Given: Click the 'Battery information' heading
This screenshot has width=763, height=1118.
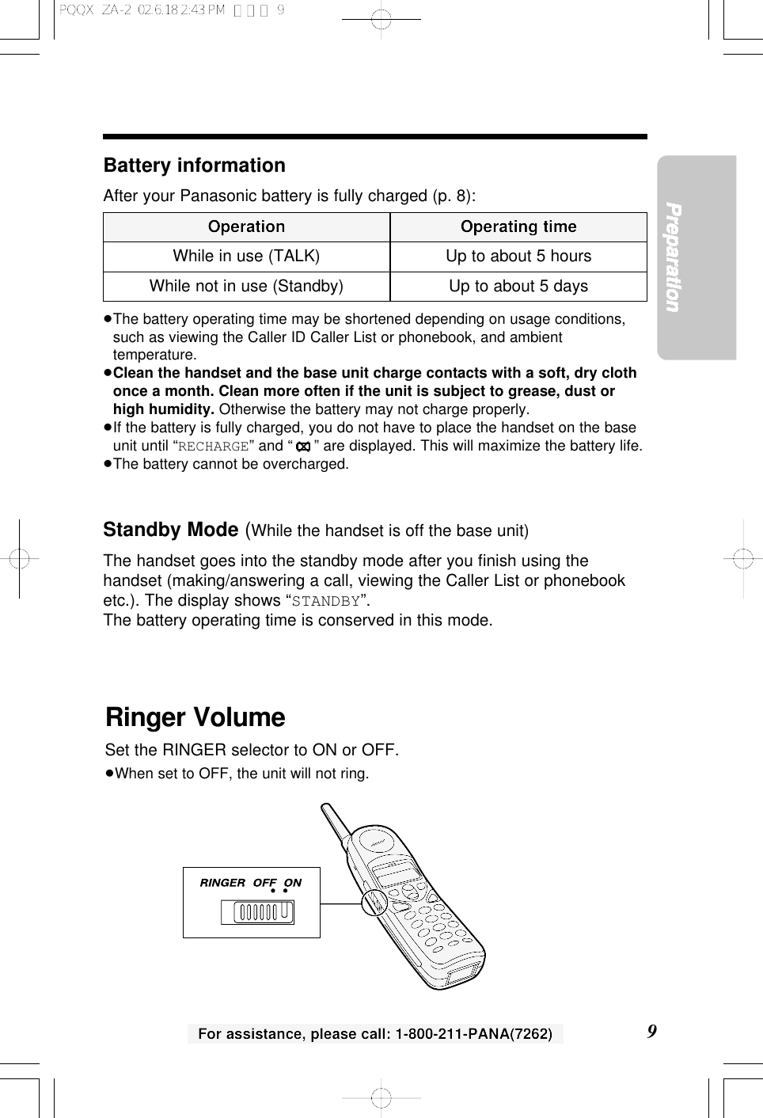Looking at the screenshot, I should click(x=194, y=165).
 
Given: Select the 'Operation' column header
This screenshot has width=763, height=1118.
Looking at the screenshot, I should click(x=246, y=227).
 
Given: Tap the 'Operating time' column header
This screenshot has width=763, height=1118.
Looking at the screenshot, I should click(x=518, y=227).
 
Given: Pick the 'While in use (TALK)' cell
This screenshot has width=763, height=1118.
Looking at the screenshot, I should click(x=246, y=257).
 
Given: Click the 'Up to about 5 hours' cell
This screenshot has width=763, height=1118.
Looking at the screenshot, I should click(x=518, y=257).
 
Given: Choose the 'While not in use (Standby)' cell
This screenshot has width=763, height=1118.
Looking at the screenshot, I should click(x=246, y=287).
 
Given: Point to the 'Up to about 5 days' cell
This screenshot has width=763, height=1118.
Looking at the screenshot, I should click(x=518, y=287).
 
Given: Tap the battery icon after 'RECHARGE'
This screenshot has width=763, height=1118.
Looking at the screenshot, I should click(x=302, y=447).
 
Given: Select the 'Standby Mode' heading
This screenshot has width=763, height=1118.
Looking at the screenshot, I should click(x=171, y=530).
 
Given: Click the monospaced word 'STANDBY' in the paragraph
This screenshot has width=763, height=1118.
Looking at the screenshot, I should click(x=325, y=601).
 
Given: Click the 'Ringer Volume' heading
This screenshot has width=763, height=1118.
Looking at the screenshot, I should click(x=195, y=717).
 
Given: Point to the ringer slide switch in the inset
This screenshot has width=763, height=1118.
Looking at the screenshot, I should click(x=257, y=912).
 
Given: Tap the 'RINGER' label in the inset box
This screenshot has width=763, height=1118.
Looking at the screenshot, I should click(x=222, y=883).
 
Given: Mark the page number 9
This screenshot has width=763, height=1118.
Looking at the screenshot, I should click(x=651, y=1032).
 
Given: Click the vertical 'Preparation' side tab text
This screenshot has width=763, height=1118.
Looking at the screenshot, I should click(x=673, y=257).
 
